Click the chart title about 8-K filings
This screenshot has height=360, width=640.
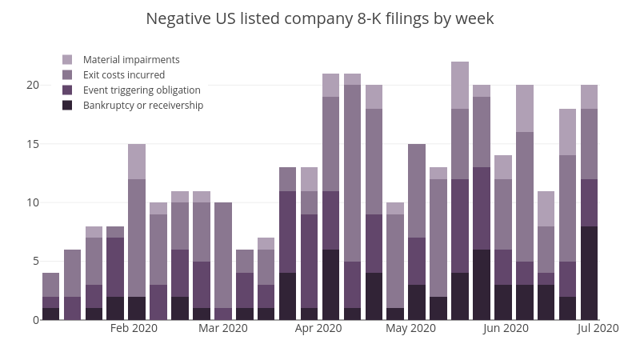pyautogui.click(x=320, y=18)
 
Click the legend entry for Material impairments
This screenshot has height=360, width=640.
pyautogui.click(x=131, y=60)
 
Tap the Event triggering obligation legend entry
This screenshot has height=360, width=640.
pyautogui.click(x=142, y=90)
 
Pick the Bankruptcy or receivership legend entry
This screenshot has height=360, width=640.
pyautogui.click(x=143, y=106)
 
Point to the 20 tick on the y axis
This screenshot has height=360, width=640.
pyautogui.click(x=33, y=85)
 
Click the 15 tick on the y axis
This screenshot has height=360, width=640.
pyautogui.click(x=33, y=144)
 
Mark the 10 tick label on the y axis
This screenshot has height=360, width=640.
pyautogui.click(x=33, y=202)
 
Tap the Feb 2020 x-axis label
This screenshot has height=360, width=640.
pyautogui.click(x=134, y=328)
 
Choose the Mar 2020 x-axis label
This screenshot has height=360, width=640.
pyautogui.click(x=223, y=328)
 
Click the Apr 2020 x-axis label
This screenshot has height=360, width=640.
pyautogui.click(x=318, y=328)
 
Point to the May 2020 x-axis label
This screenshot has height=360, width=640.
pyautogui.click(x=410, y=328)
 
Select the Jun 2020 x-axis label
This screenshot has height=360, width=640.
pyautogui.click(x=506, y=328)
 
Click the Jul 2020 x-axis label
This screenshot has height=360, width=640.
pyautogui.click(x=598, y=328)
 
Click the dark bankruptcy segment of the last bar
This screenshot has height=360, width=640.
pyautogui.click(x=589, y=273)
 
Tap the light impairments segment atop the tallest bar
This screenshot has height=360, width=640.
pyautogui.click(x=460, y=85)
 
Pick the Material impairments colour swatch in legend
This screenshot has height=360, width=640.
pyautogui.click(x=67, y=60)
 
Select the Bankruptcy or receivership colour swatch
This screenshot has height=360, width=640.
pyautogui.click(x=67, y=106)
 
